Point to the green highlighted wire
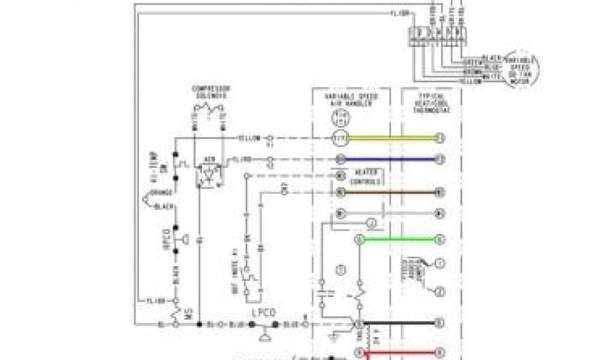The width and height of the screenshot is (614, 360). click(x=399, y=239)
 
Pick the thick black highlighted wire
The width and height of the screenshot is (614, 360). click(x=399, y=322)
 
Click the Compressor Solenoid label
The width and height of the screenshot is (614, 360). click(x=209, y=92)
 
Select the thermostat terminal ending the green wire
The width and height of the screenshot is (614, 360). click(x=440, y=239)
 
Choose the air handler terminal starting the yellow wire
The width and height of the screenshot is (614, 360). click(x=340, y=139)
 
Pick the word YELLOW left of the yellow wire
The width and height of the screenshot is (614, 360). click(x=249, y=139)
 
